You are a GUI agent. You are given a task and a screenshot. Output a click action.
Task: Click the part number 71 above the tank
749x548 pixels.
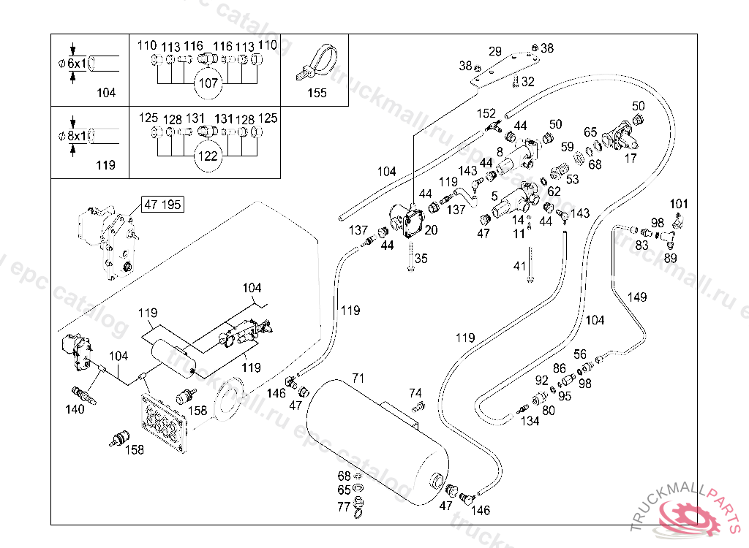(x=358, y=378)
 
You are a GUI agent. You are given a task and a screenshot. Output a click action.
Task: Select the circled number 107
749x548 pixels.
(x=209, y=83)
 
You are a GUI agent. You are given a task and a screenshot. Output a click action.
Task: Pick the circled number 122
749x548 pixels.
(x=209, y=156)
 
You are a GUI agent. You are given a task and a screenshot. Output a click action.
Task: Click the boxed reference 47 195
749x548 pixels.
(x=162, y=205)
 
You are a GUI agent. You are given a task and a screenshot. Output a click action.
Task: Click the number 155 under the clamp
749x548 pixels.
(x=317, y=93)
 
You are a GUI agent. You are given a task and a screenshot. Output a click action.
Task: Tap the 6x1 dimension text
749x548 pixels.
(x=76, y=64)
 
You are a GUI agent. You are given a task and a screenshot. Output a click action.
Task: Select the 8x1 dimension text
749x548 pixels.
(x=76, y=135)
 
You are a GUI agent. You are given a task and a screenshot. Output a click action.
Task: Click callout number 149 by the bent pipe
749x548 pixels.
(x=637, y=297)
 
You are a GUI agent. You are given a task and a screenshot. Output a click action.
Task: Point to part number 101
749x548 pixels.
(x=679, y=203)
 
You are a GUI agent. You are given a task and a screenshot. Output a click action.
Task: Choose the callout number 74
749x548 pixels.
(x=415, y=393)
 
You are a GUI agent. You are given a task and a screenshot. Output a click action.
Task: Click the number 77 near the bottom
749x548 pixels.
(x=344, y=507)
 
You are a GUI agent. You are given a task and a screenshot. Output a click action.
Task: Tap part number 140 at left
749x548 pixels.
(x=75, y=409)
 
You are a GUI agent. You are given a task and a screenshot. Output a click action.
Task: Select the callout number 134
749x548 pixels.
(x=530, y=421)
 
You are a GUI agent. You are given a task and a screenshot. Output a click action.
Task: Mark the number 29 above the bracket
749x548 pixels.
(x=495, y=51)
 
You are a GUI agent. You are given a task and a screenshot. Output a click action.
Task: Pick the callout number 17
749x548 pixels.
(x=631, y=157)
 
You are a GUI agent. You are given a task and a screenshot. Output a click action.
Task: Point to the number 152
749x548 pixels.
(x=486, y=113)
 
